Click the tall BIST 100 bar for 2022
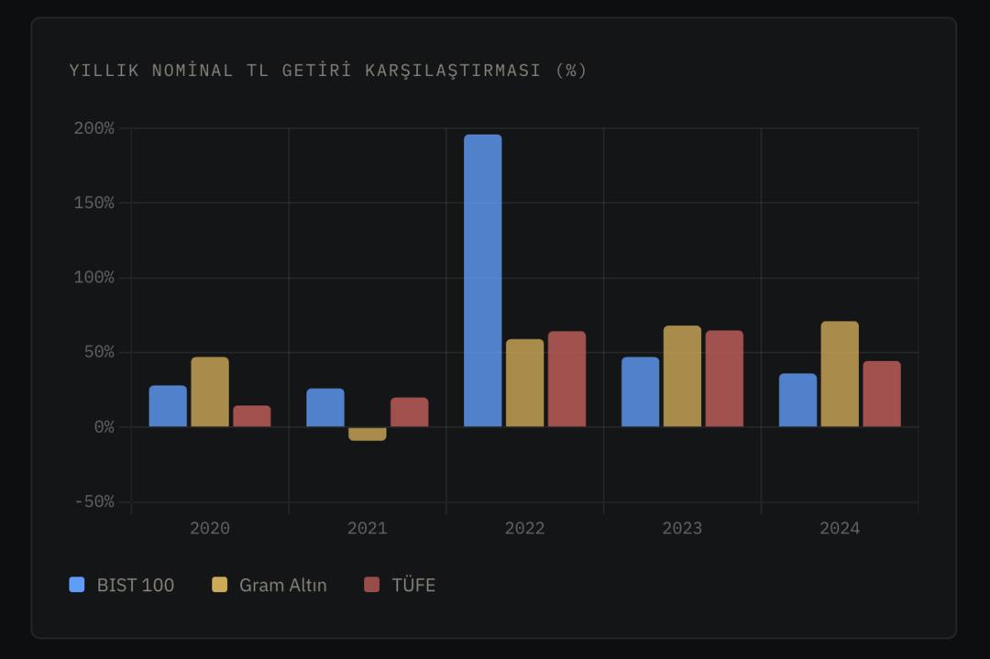(x=482, y=280)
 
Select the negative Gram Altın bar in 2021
(x=367, y=434)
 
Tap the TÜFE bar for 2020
(x=251, y=416)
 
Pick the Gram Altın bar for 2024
(x=839, y=374)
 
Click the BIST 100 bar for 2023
(x=640, y=392)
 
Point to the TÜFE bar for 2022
(x=566, y=379)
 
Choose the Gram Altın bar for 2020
(x=210, y=392)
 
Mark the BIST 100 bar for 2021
(x=325, y=408)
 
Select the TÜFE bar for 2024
(x=881, y=394)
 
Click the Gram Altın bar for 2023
(x=682, y=377)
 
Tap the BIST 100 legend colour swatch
(x=77, y=585)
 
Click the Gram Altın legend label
(x=282, y=585)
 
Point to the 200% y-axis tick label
(x=94, y=128)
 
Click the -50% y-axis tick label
(x=94, y=501)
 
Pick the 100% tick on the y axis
(x=94, y=278)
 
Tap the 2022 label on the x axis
(x=524, y=528)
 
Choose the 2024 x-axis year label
(x=839, y=528)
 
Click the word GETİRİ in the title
(x=312, y=71)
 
